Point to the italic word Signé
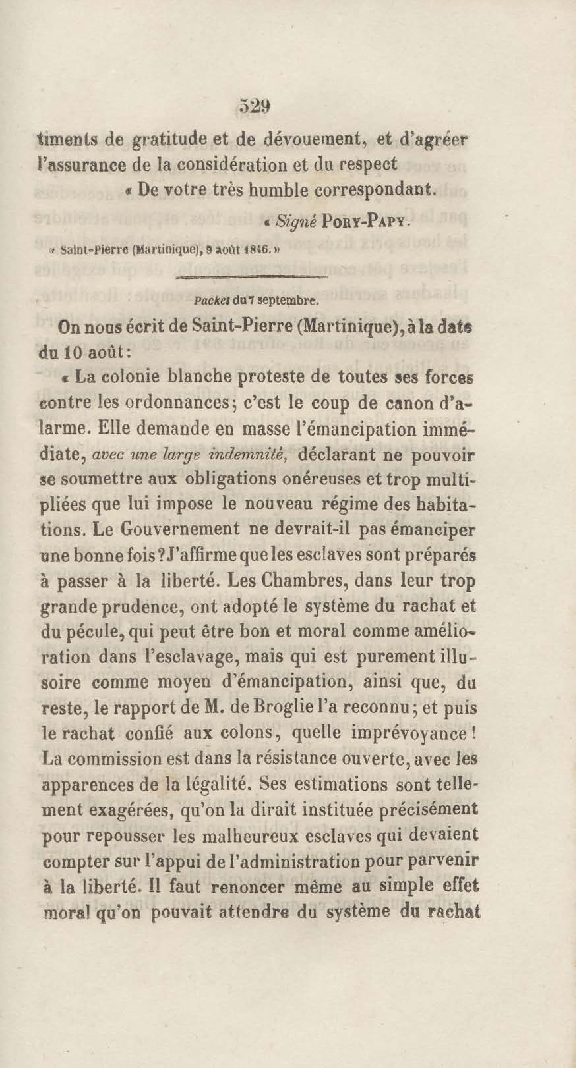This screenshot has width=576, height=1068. click(297, 222)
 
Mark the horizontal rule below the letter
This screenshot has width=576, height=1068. click(252, 277)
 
